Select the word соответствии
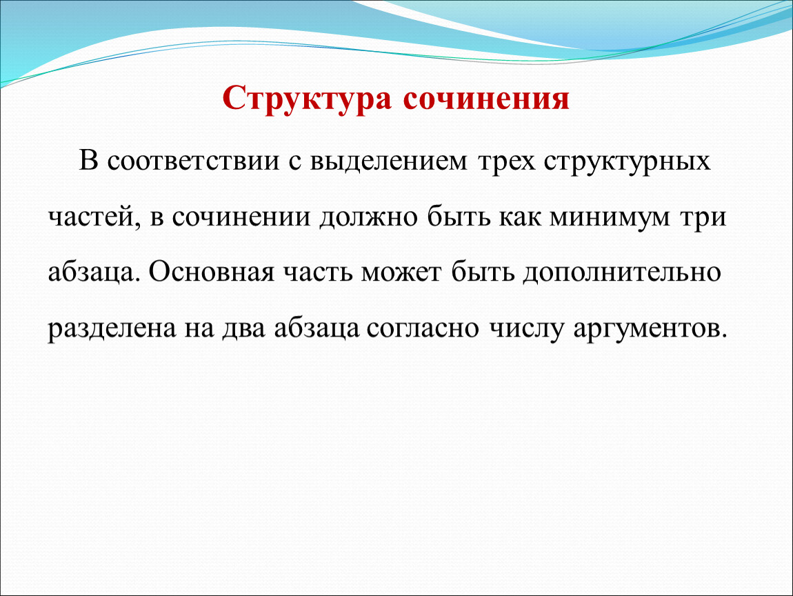click(193, 161)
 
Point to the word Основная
click(212, 272)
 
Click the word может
click(401, 273)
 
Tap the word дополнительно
click(621, 273)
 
